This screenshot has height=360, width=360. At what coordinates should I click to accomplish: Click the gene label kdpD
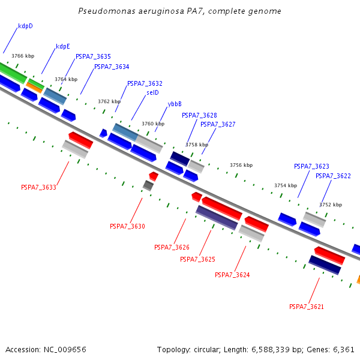click(25, 26)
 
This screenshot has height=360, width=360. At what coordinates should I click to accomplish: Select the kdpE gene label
click(63, 46)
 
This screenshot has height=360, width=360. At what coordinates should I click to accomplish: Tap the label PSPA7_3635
click(93, 56)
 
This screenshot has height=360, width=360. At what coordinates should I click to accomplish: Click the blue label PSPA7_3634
click(112, 67)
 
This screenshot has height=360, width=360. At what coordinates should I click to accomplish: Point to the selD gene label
click(152, 92)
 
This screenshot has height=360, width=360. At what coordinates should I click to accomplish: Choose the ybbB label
click(175, 104)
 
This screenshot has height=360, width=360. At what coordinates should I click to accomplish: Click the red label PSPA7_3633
click(38, 187)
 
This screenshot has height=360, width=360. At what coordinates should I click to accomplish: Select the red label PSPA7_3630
click(127, 226)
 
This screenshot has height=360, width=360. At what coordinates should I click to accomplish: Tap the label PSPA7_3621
click(307, 307)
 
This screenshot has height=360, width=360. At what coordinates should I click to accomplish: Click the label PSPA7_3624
click(232, 275)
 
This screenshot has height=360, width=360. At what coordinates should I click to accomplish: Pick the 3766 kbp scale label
click(23, 56)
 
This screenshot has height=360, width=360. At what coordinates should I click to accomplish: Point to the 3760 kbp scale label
click(153, 124)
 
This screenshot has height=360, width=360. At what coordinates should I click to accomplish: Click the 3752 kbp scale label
click(331, 205)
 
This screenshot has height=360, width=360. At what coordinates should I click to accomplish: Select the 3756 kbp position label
click(241, 165)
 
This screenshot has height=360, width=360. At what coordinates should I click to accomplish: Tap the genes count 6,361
click(343, 349)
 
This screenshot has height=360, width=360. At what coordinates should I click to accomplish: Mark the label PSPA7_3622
click(333, 176)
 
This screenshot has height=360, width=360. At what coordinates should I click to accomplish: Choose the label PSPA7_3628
click(199, 115)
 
